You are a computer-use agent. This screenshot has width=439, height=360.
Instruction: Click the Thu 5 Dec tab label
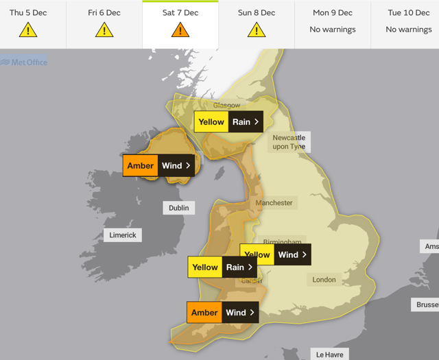pyautogui.click(x=28, y=12)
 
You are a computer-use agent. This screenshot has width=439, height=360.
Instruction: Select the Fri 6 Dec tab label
pyautogui.click(x=104, y=12)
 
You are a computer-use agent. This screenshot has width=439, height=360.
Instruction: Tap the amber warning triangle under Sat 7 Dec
pyautogui.click(x=180, y=29)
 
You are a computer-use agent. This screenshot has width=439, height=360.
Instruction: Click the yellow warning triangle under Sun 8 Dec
pyautogui.click(x=257, y=29)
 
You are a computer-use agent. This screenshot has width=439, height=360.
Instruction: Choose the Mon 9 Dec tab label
pyautogui.click(x=333, y=12)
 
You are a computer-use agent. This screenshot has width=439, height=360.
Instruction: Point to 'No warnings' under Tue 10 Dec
pyautogui.click(x=409, y=29)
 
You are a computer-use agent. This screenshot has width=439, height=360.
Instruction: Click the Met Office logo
pyautogui.click(x=24, y=62)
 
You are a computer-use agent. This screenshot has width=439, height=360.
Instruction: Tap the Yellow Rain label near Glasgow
pyautogui.click(x=229, y=122)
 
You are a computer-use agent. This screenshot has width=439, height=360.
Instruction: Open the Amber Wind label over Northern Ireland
pyautogui.click(x=161, y=165)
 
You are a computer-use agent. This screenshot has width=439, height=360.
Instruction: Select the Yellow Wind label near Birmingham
pyautogui.click(x=275, y=254)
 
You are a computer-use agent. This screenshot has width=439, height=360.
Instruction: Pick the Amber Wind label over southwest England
pyautogui.click(x=223, y=313)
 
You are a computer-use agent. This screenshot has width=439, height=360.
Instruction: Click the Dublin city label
pyautogui.click(x=178, y=208)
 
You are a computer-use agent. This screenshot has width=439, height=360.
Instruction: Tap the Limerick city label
pyautogui.click(x=123, y=235)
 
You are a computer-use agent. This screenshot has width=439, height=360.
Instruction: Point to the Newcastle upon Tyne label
pyautogui.click(x=288, y=142)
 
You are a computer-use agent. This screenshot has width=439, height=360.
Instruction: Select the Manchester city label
pyautogui.click(x=274, y=203)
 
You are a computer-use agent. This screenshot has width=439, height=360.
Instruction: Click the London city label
pyautogui.click(x=324, y=280)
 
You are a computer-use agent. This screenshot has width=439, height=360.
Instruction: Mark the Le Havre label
pyautogui.click(x=329, y=355)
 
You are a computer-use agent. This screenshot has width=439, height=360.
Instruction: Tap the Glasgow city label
pyautogui.click(x=226, y=106)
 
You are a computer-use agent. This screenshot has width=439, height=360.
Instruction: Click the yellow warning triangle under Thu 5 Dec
pyautogui.click(x=28, y=29)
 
